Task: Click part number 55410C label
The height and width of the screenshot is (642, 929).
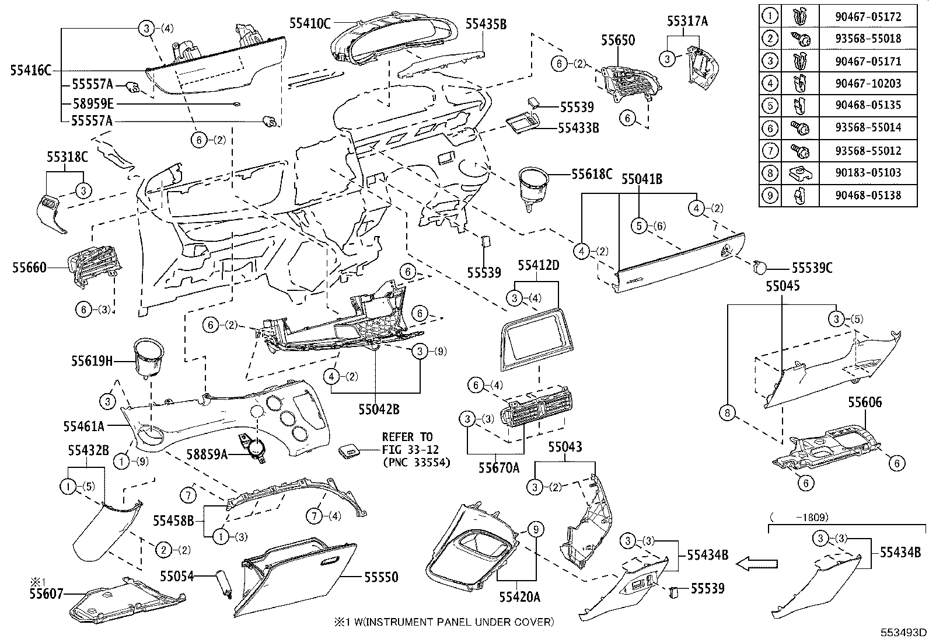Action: click(x=310, y=23)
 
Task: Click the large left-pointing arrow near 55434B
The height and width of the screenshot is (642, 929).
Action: click(x=757, y=564)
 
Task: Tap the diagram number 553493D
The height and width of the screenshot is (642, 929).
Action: click(x=904, y=632)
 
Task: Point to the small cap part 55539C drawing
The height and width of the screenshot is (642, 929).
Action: click(x=760, y=268)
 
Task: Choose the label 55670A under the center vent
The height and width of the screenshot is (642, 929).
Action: click(x=499, y=467)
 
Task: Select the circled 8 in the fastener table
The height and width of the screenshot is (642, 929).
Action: click(x=771, y=172)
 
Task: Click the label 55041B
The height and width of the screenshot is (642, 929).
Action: click(x=641, y=179)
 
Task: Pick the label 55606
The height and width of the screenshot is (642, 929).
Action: click(x=865, y=402)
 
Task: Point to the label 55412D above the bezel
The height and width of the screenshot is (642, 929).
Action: click(x=538, y=266)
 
